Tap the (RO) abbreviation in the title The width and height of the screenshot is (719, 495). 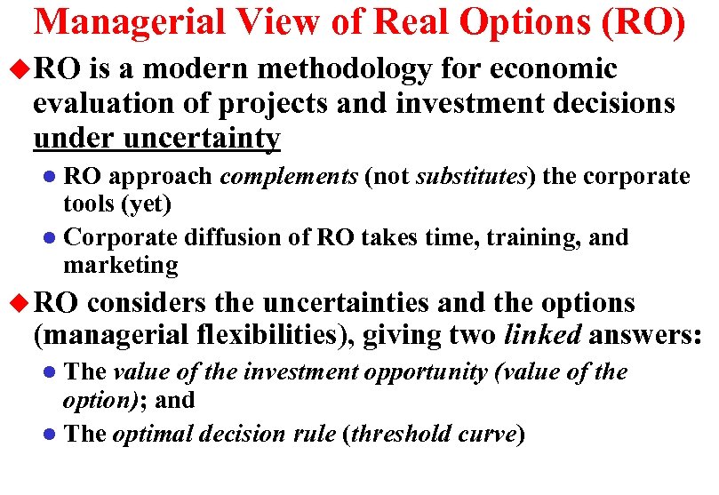643,22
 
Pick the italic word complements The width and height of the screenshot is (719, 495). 289,176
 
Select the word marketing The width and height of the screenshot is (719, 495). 121,265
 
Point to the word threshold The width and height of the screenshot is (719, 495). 403,435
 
